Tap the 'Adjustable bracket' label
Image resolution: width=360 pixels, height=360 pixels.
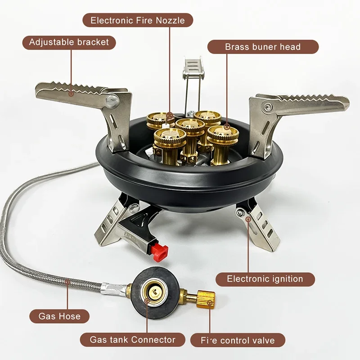click(x=69, y=42)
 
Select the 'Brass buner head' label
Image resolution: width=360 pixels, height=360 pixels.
click(x=263, y=47)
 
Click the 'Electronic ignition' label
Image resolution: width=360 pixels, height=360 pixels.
click(x=265, y=279)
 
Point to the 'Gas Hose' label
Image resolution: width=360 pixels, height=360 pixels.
click(x=59, y=316)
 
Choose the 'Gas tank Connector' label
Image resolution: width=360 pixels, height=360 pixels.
click(x=127, y=340)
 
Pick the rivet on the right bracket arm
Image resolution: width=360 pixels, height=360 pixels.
click(x=268, y=107)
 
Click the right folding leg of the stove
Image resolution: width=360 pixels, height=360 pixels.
click(x=259, y=225)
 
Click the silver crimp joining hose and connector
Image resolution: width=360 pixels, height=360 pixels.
click(x=111, y=287)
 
